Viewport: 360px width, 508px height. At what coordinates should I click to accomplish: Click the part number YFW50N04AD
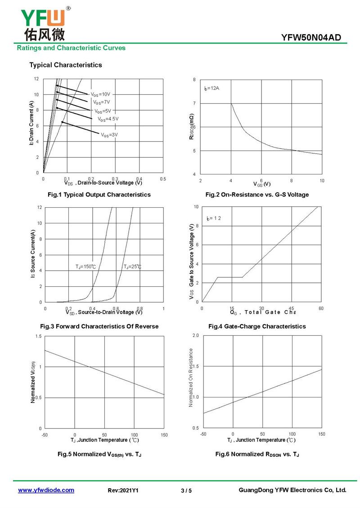pyautogui.click(x=311, y=38)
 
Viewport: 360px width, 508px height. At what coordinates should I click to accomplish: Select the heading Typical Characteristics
pyautogui.click(x=66, y=65)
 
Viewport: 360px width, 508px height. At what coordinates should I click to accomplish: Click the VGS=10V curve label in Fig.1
pyautogui.click(x=100, y=94)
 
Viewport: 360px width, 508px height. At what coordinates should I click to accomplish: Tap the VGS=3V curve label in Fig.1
pyautogui.click(x=109, y=134)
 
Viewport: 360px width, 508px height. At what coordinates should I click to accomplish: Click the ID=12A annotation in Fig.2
pyautogui.click(x=211, y=88)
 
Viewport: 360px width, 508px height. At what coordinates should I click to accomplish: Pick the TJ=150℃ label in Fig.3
pyautogui.click(x=85, y=267)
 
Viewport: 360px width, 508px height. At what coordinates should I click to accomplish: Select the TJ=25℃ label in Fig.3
pyautogui.click(x=132, y=267)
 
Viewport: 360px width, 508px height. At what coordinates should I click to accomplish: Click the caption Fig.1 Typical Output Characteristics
pyautogui.click(x=99, y=195)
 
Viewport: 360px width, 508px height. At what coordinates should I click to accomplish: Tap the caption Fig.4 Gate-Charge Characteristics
pyautogui.click(x=257, y=326)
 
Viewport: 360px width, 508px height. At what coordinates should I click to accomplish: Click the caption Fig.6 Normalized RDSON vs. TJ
pyautogui.click(x=257, y=455)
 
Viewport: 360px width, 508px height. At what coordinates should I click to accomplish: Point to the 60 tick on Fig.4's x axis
pyautogui.click(x=321, y=308)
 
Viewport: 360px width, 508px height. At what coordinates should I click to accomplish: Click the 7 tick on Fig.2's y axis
pyautogui.click(x=194, y=103)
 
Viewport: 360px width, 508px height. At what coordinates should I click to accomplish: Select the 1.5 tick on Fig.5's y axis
pyautogui.click(x=39, y=336)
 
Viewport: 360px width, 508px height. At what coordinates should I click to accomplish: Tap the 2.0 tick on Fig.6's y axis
pyautogui.click(x=195, y=336)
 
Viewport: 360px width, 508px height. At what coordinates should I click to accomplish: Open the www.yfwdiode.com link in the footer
pyautogui.click(x=46, y=490)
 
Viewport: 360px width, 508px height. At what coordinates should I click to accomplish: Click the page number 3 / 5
pyautogui.click(x=186, y=491)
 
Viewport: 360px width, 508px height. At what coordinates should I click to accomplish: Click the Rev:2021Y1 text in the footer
pyautogui.click(x=123, y=491)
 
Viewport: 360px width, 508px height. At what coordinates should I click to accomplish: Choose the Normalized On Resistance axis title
pyautogui.click(x=191, y=378)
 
